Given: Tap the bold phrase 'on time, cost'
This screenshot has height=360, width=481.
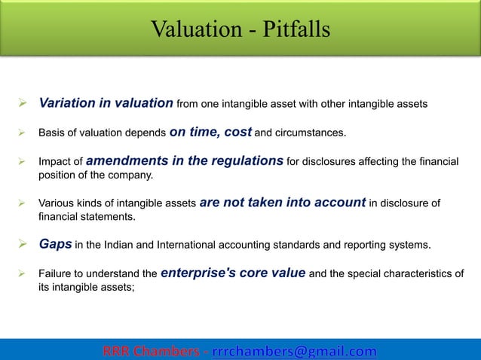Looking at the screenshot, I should click(210, 133).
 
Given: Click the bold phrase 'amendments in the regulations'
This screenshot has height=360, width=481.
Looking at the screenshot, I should click(185, 160).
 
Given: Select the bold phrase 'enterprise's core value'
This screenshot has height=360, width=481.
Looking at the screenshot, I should click(233, 273).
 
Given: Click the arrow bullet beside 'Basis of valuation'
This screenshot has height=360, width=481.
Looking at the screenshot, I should click(24, 134).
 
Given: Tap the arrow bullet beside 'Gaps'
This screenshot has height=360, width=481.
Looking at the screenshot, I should click(24, 245).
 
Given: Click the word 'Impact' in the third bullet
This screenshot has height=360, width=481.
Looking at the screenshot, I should click(54, 162).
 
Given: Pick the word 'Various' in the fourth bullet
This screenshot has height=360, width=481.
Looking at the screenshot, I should click(57, 203).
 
